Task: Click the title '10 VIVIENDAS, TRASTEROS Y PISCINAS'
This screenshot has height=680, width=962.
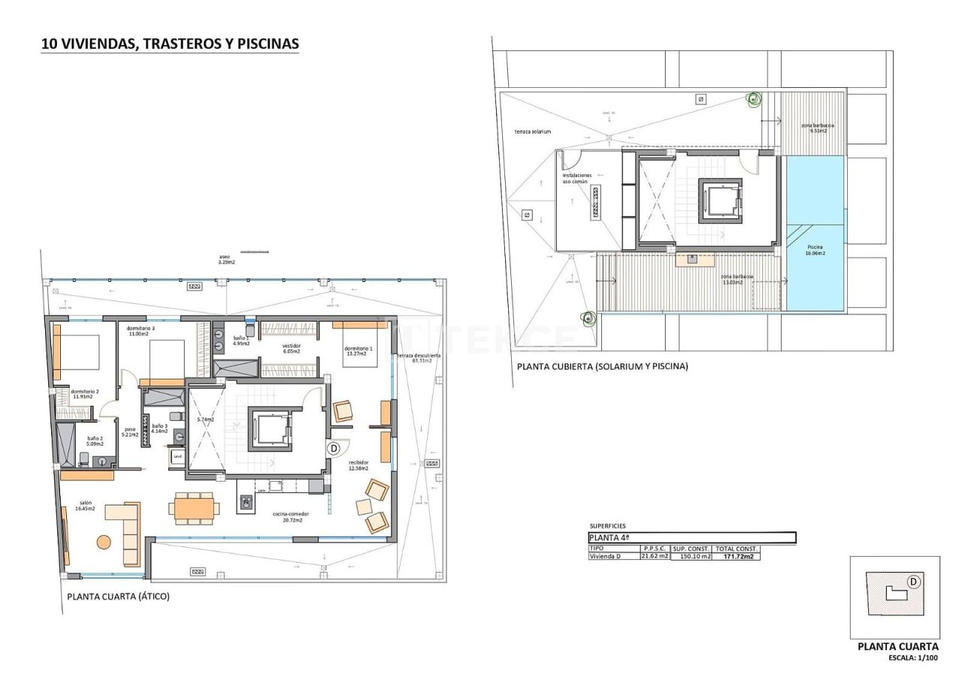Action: [170, 44]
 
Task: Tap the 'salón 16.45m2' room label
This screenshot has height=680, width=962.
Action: [84, 506]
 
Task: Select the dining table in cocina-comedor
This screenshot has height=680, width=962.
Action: [195, 509]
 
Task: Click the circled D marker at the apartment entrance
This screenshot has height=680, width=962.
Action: [334, 448]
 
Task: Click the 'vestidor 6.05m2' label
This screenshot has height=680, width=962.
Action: [291, 349]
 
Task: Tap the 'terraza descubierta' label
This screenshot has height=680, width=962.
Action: [419, 358]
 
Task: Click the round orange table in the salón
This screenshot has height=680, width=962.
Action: [103, 541]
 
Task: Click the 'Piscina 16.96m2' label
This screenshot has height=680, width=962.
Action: [815, 250]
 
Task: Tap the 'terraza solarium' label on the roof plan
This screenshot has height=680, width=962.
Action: [532, 131]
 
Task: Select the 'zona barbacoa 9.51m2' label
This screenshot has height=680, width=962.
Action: [818, 128]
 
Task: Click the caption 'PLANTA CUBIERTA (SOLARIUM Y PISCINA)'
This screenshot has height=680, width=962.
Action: [602, 367]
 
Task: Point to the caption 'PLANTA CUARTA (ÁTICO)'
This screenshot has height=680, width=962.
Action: [118, 597]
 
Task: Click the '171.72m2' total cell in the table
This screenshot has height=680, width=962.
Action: [736, 557]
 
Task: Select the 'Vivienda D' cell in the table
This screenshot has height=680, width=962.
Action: [605, 557]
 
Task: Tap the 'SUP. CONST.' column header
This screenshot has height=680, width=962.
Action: [691, 549]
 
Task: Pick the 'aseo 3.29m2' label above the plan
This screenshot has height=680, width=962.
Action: [226, 259]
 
